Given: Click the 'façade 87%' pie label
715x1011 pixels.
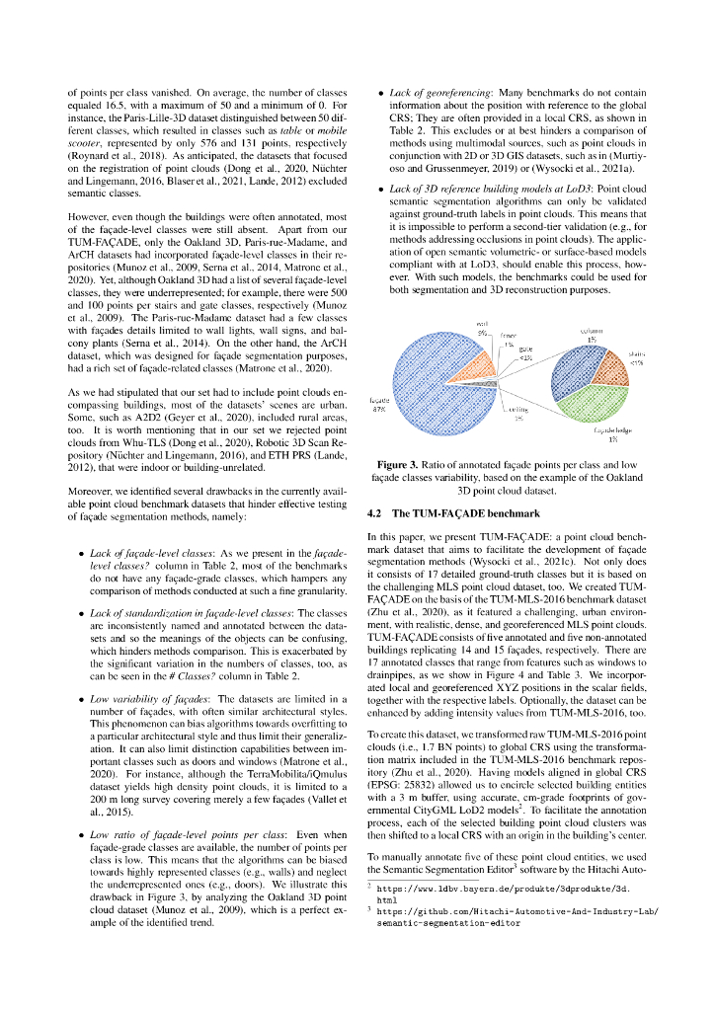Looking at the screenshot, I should pyautogui.click(x=377, y=405).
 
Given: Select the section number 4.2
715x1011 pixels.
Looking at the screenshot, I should pyautogui.click(x=375, y=513).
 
